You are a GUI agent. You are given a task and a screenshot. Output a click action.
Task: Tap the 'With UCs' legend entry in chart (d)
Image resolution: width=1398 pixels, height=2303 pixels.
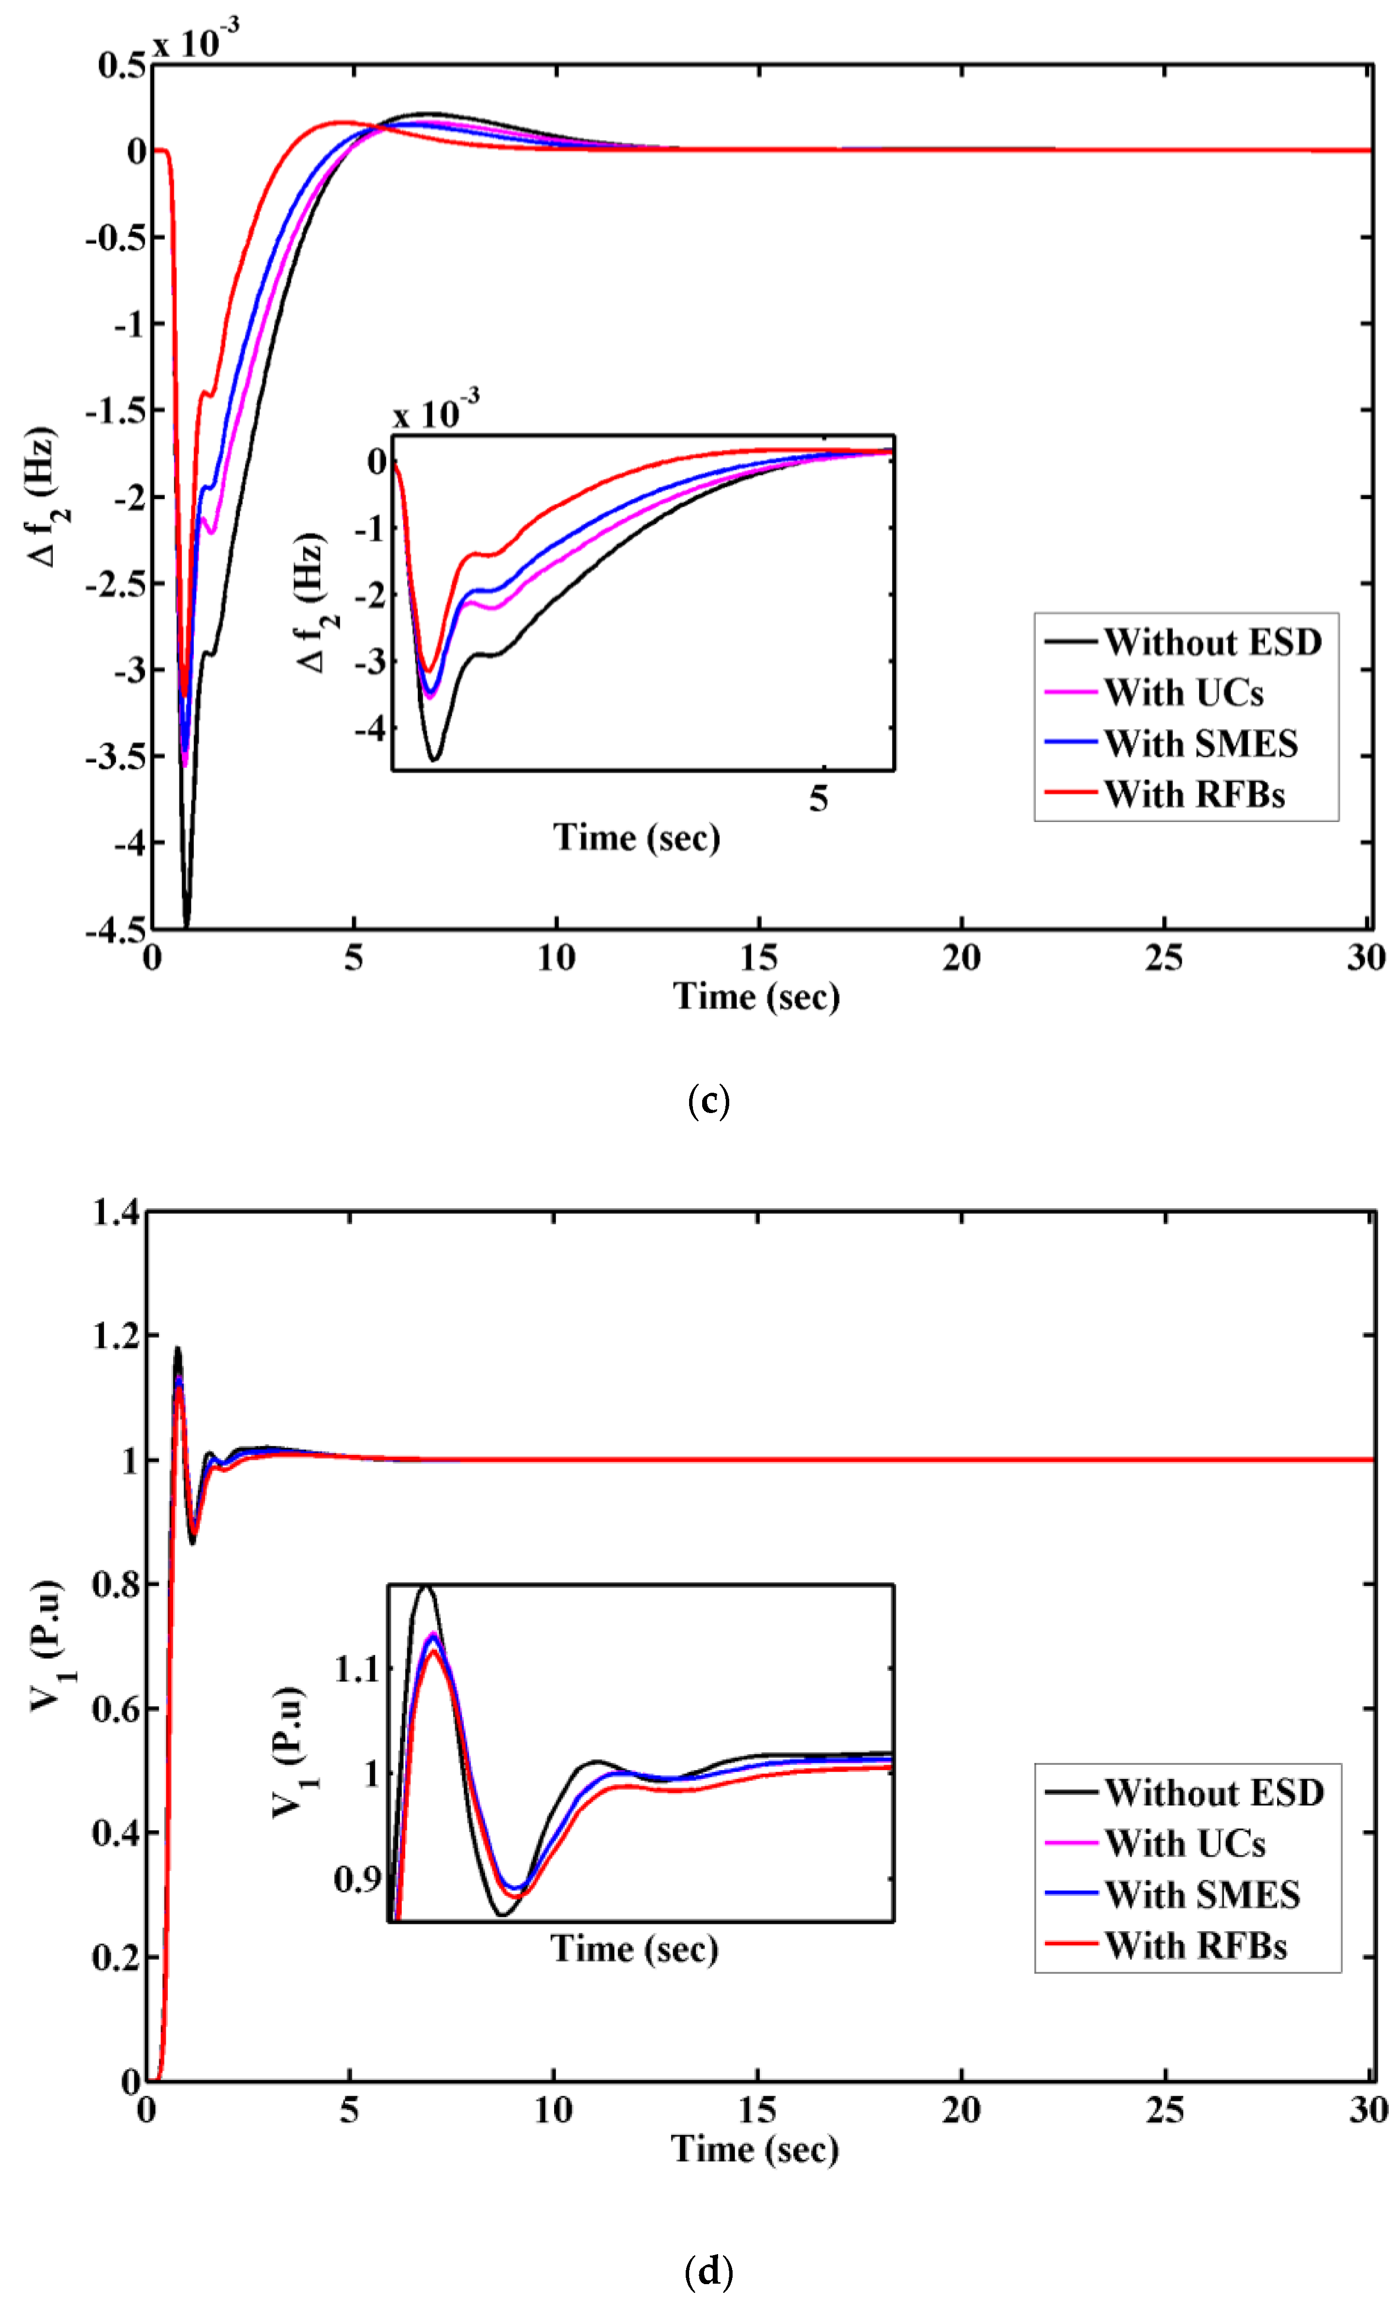tap(1184, 1843)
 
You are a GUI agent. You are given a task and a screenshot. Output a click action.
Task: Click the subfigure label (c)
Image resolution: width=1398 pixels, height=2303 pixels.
tap(707, 1101)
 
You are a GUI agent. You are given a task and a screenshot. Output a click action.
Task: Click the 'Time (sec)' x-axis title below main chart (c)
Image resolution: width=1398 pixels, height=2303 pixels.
tap(756, 997)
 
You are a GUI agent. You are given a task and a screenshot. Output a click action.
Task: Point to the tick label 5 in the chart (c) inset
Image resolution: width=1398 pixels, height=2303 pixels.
tap(819, 798)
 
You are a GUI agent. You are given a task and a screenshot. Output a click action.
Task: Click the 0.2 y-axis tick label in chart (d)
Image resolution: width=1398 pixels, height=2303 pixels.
tap(116, 1956)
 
